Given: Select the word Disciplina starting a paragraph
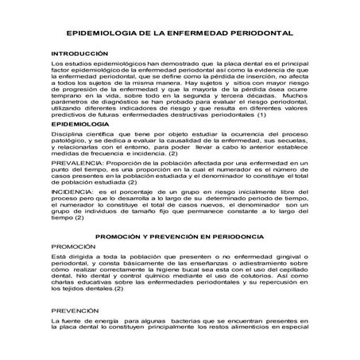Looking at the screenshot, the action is (x=68, y=136).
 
